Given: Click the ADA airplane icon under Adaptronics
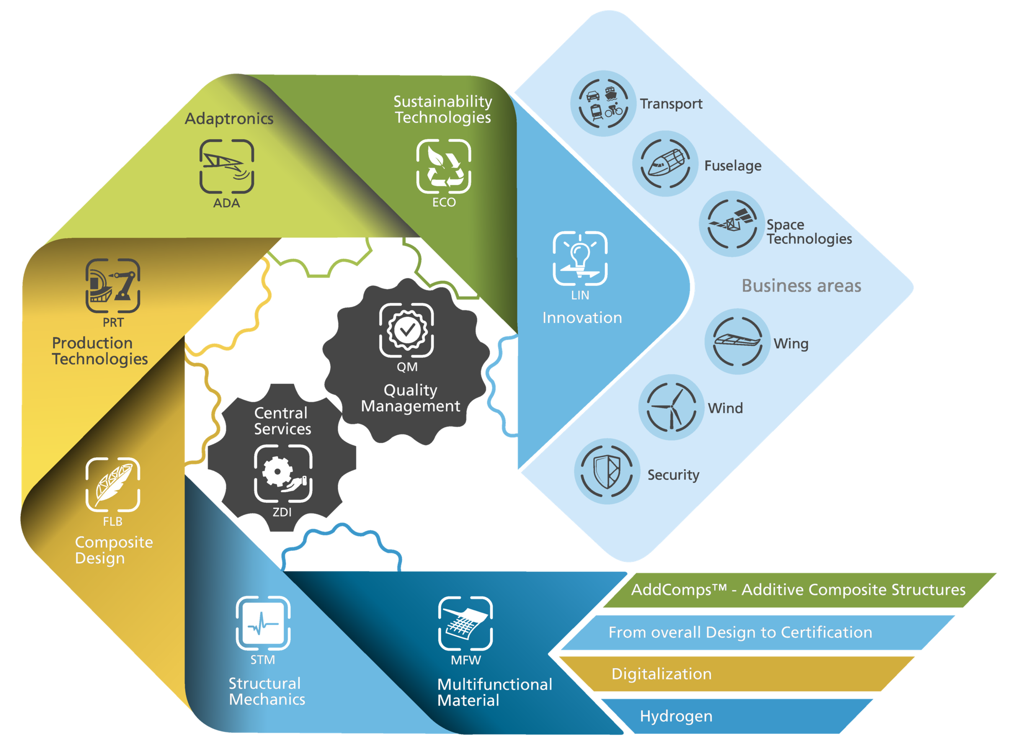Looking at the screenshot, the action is [x=227, y=167].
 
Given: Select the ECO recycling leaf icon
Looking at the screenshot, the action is [x=443, y=166].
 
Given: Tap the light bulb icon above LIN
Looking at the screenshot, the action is [x=580, y=258].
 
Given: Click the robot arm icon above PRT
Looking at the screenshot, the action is [x=113, y=285].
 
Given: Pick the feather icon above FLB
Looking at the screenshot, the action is [x=113, y=484].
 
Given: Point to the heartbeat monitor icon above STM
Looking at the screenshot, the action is [x=263, y=623].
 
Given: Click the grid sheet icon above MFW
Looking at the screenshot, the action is [x=465, y=623].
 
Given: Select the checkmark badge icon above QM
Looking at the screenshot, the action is [x=406, y=330].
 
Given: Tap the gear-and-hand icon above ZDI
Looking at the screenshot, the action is [x=283, y=474].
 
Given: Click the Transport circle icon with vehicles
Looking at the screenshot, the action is [x=603, y=103].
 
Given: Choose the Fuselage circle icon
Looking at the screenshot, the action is [x=665, y=164].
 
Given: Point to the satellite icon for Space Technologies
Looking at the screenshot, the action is [x=732, y=224].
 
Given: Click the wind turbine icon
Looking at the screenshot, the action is [x=672, y=407].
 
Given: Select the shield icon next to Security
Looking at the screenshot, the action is [x=607, y=471].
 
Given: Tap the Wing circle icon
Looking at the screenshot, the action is [x=738, y=341].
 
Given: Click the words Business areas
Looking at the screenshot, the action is [x=801, y=286].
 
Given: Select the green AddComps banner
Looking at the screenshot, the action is [x=799, y=590].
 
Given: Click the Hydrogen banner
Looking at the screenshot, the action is [x=737, y=716].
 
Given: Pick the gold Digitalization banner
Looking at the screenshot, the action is [x=737, y=674].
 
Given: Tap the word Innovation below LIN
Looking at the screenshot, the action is [x=582, y=318].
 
